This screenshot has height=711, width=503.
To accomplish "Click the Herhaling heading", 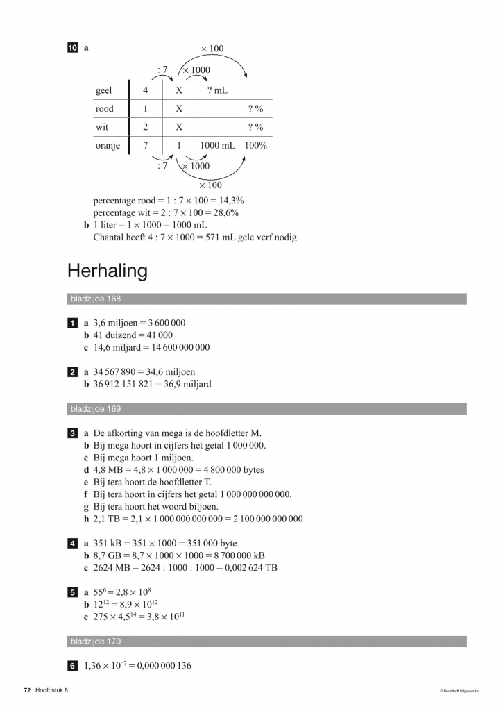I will click(x=108, y=271).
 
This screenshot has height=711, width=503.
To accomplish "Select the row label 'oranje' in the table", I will click(x=108, y=146).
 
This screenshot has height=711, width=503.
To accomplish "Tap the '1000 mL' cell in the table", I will click(x=218, y=146).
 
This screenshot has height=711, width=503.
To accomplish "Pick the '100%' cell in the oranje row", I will click(x=256, y=146).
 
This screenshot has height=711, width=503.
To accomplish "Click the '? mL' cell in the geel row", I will click(x=218, y=90).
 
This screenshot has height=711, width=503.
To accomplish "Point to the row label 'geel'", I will click(x=103, y=90).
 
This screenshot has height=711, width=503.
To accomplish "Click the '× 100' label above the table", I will click(x=212, y=49).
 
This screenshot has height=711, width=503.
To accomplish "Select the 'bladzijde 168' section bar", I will click(x=266, y=299).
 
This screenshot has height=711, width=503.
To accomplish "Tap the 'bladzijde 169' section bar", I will click(x=266, y=409).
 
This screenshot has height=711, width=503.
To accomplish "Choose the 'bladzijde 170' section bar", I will click(x=266, y=642).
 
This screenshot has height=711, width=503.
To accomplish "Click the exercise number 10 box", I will click(x=73, y=49).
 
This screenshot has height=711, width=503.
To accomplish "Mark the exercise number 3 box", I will click(x=73, y=433).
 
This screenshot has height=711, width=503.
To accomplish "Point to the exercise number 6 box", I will click(x=73, y=666).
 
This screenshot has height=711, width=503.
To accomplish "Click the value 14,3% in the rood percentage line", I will click(x=230, y=201).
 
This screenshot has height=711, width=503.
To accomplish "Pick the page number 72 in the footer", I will click(x=27, y=691).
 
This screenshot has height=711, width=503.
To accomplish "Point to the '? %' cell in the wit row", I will click(x=255, y=127).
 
